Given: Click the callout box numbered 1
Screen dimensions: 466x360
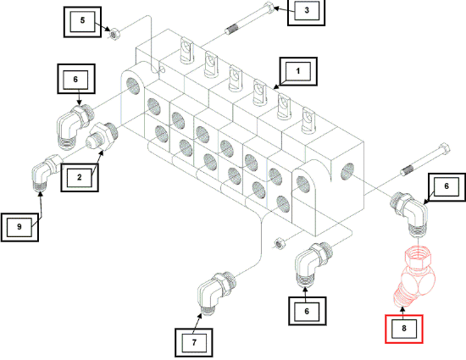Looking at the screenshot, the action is pyautogui.click(x=298, y=72).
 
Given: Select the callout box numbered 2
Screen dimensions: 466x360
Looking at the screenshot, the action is pyautogui.click(x=80, y=177).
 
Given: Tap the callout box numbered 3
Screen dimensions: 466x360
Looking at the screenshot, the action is pyautogui.click(x=307, y=11).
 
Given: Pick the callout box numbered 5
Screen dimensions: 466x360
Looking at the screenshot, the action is pyautogui.click(x=83, y=22).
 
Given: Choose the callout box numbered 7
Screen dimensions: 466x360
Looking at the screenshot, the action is pyautogui.click(x=194, y=342).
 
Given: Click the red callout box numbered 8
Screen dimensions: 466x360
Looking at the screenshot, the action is pyautogui.click(x=404, y=330).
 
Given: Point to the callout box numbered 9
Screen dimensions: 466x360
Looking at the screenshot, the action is pyautogui.click(x=19, y=227).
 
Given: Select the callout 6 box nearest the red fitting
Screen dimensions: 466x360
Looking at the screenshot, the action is pyautogui.click(x=447, y=187).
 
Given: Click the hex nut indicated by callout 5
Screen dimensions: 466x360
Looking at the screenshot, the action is pyautogui.click(x=114, y=34).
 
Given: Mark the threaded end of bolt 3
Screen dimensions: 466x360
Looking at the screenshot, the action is pyautogui.click(x=231, y=30).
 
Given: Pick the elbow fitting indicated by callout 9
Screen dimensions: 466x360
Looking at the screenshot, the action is pyautogui.click(x=46, y=173).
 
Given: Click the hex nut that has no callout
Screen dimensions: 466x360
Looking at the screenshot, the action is pyautogui.click(x=279, y=243).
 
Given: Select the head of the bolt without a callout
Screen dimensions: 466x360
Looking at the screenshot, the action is pyautogui.click(x=444, y=149).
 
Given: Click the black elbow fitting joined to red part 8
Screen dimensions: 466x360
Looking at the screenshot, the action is pyautogui.click(x=410, y=213).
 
